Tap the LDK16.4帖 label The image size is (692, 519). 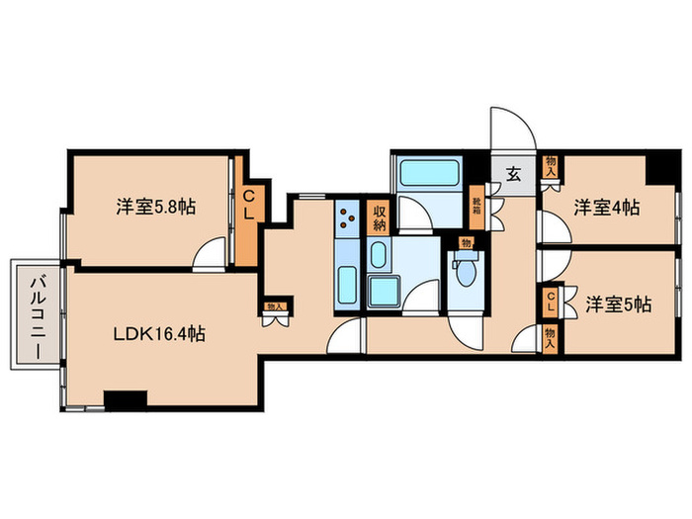158,334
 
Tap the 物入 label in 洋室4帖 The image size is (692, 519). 551,168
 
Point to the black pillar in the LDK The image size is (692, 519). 125,399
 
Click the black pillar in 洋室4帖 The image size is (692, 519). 655,170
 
